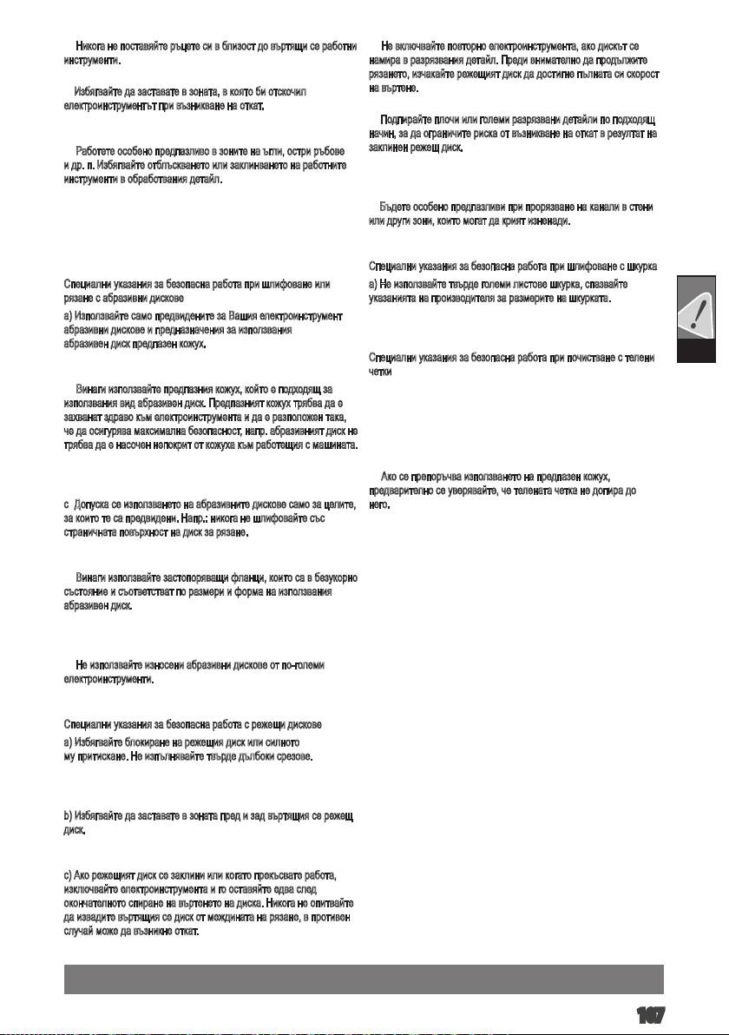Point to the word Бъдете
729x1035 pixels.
pyautogui.click(x=395, y=208)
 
